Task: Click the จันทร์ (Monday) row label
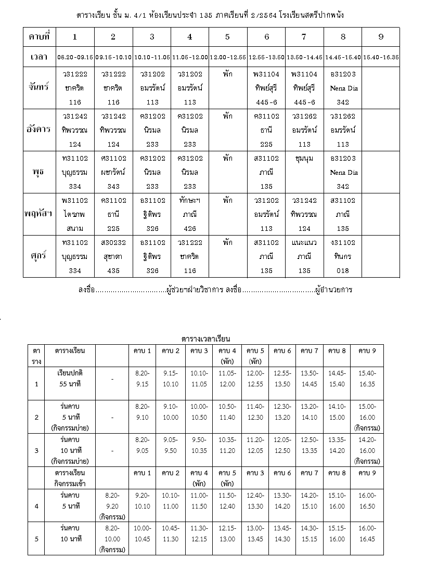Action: [x=40, y=88]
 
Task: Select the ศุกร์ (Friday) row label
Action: [x=40, y=256]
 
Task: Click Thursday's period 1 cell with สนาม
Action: [x=75, y=214]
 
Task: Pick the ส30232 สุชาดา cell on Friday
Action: [x=113, y=256]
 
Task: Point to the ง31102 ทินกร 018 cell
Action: [x=343, y=256]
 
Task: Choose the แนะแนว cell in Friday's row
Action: [x=304, y=256]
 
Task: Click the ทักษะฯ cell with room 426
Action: [x=190, y=214]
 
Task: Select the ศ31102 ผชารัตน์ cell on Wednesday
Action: [x=113, y=172]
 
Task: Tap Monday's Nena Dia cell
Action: [x=343, y=88]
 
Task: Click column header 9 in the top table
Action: [x=381, y=37]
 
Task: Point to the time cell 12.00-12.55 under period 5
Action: [x=228, y=57]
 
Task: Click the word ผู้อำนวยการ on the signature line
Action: [x=334, y=290]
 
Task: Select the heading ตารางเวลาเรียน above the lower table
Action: [x=206, y=339]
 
